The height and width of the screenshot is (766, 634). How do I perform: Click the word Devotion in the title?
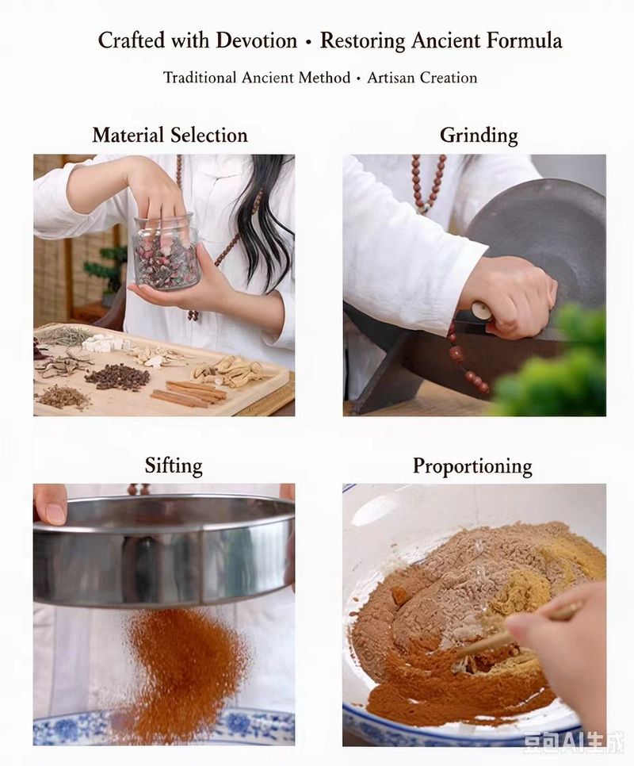coord(256,40)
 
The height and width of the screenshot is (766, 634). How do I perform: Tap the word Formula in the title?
coord(524,40)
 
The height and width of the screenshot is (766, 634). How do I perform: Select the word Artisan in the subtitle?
coord(391,78)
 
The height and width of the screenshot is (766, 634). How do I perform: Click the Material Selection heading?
coord(170,136)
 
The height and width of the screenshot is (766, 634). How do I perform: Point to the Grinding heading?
coord(479,136)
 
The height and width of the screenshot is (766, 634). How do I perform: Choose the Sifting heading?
coord(174,466)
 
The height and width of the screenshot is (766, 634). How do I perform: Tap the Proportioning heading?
coord(472,466)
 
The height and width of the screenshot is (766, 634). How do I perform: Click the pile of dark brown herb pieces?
coord(117,377)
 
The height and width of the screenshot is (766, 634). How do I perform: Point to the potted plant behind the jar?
coord(105,269)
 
